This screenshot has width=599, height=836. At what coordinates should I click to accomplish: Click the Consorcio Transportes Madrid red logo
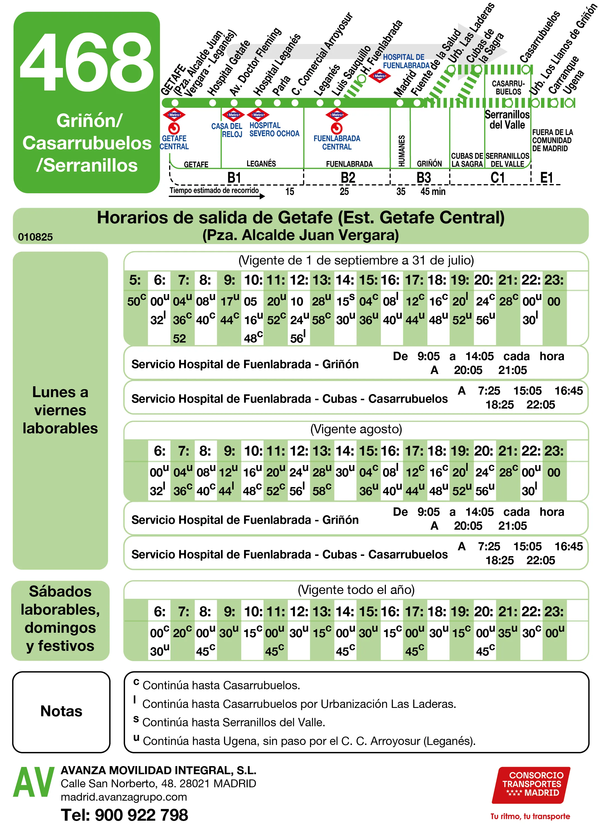click(x=531, y=785)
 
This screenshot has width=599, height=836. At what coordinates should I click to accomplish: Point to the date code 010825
click(x=35, y=237)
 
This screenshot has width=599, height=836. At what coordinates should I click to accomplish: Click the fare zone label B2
click(x=347, y=178)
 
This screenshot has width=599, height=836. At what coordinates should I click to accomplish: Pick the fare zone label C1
click(x=497, y=178)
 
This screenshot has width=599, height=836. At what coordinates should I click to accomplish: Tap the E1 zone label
click(x=546, y=178)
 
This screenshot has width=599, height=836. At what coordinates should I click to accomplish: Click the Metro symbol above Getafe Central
click(x=174, y=115)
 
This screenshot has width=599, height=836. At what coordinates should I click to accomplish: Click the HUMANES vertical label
click(x=402, y=150)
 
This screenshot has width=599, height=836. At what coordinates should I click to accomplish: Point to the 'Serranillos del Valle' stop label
click(x=507, y=119)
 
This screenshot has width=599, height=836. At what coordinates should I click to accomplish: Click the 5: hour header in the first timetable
click(x=135, y=280)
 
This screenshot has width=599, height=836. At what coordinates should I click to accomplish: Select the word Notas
click(x=61, y=711)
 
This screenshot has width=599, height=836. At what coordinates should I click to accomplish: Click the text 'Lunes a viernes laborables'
click(x=60, y=410)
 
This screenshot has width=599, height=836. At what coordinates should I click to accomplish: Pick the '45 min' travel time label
click(x=433, y=191)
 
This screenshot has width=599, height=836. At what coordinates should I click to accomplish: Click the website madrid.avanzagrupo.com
click(x=124, y=797)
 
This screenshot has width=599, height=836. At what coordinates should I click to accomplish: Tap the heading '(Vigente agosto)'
click(x=356, y=429)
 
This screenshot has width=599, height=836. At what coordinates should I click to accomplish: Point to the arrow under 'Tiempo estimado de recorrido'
click(x=217, y=196)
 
